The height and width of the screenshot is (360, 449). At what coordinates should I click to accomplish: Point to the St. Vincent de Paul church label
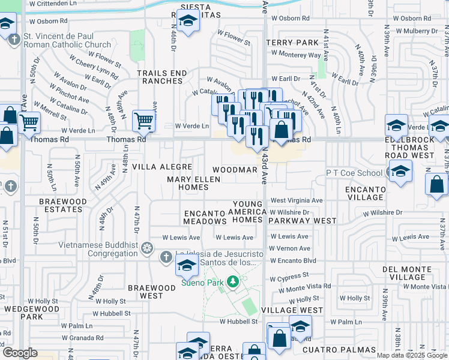(67, 40)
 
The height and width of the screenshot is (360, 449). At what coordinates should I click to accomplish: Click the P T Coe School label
(354, 173)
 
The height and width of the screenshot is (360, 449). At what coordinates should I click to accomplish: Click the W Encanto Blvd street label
(292, 261)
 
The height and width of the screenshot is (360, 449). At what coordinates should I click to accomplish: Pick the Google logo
(20, 353)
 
